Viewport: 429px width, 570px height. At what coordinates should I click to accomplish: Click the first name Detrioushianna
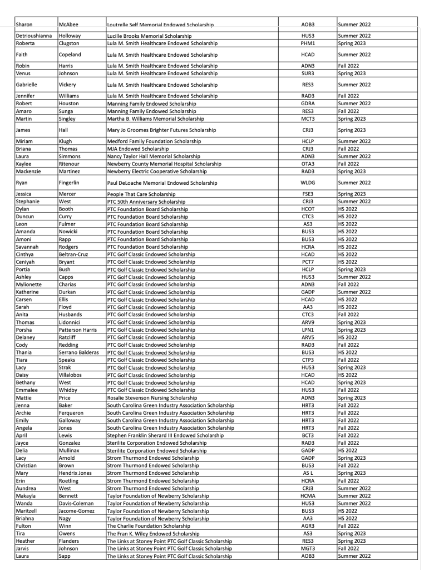[x=36, y=36]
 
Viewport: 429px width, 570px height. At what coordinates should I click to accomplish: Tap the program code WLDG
[x=308, y=183]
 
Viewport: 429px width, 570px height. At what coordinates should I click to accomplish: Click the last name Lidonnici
[x=72, y=322]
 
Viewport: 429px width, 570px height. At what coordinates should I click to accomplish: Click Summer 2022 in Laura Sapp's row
[x=354, y=556]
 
